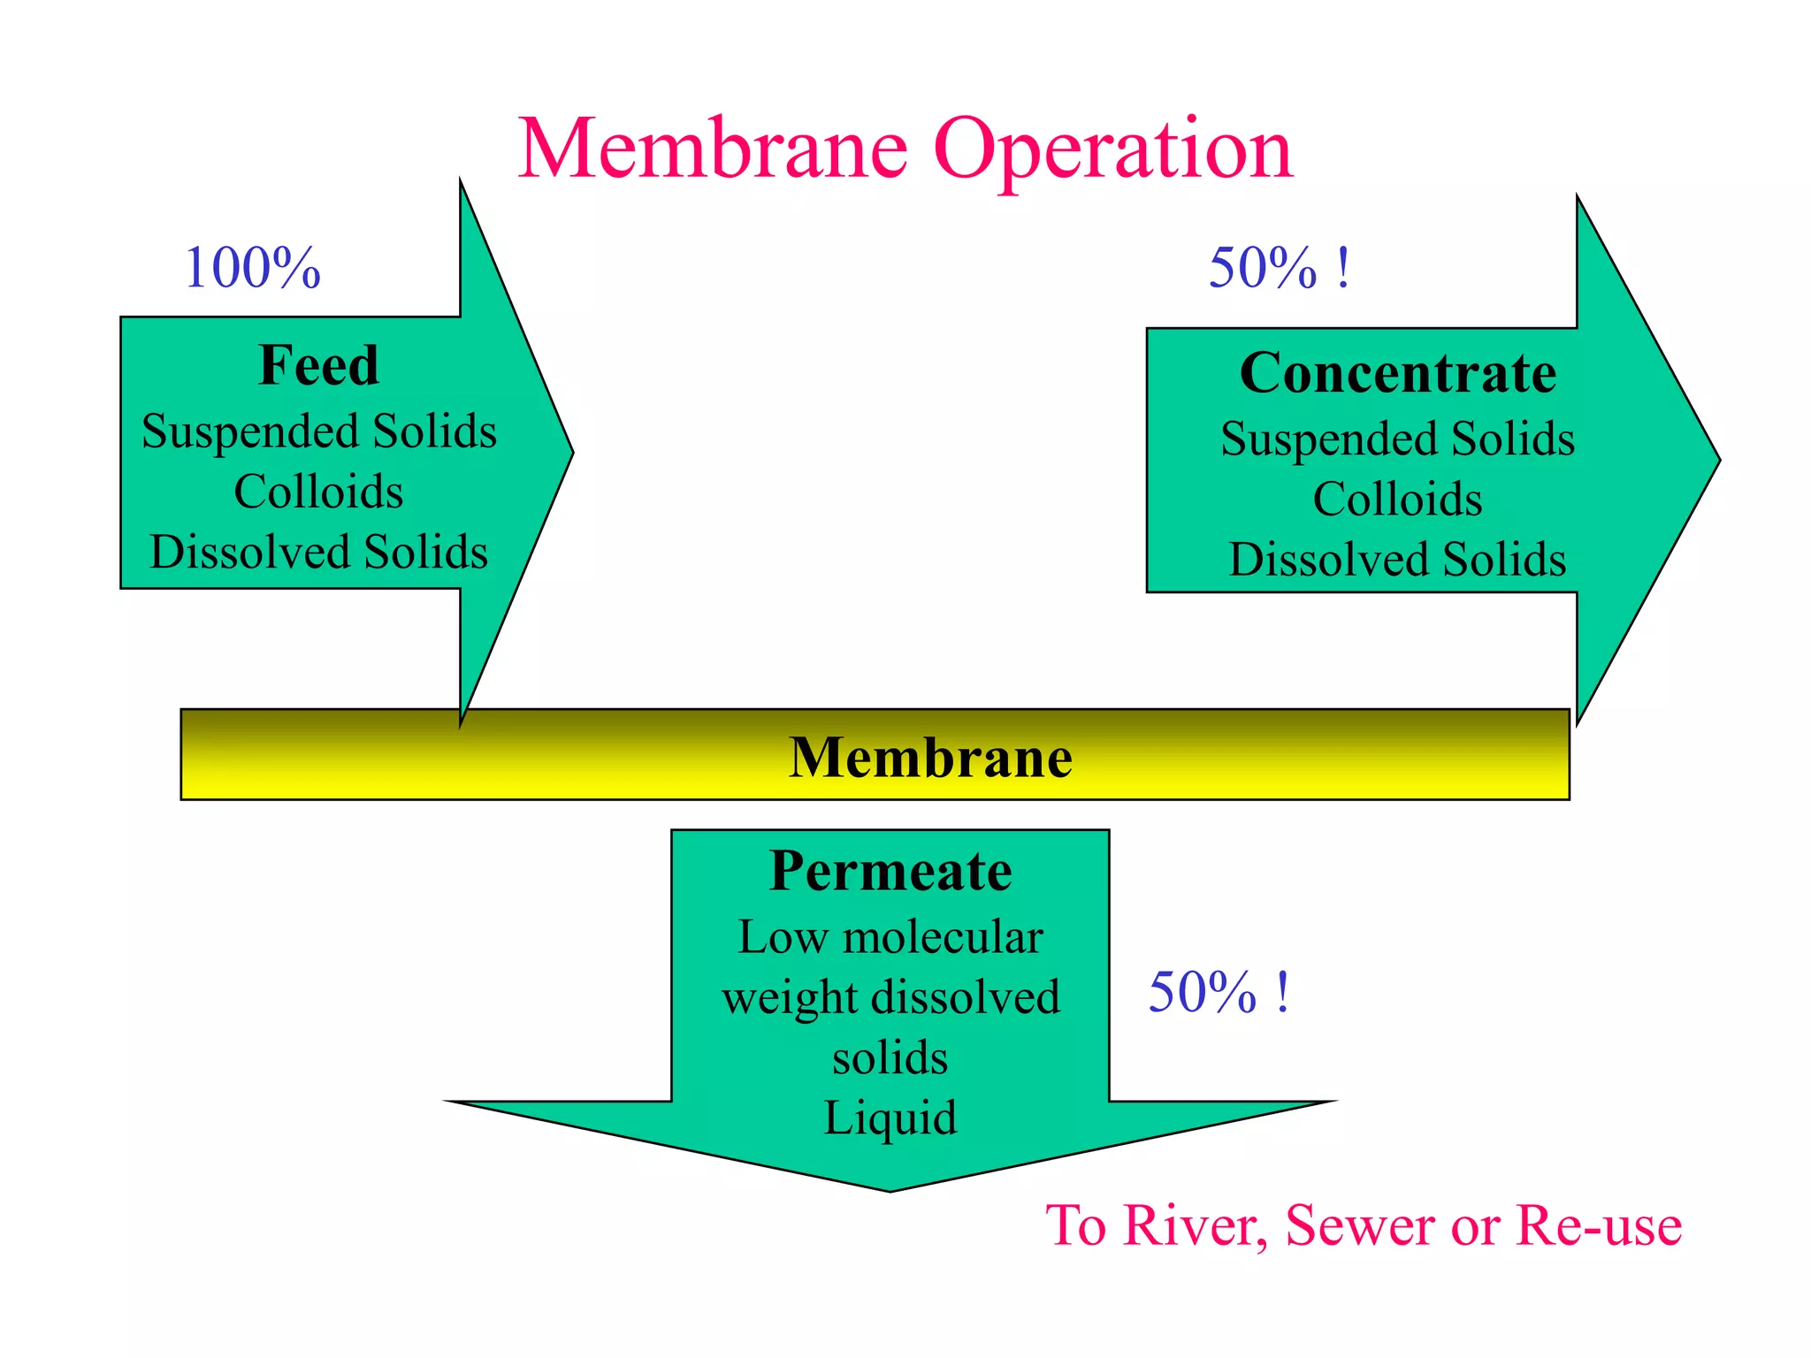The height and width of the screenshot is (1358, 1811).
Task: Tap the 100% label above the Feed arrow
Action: point(252,268)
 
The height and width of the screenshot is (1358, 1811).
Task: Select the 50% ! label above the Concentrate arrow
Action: point(1279,268)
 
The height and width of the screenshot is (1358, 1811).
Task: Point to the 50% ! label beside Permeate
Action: point(1219,992)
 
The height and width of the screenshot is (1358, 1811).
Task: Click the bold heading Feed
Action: point(318,365)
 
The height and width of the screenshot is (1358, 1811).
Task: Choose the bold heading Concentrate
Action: point(1397,372)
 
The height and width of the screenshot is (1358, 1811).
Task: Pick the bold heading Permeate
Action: point(890,871)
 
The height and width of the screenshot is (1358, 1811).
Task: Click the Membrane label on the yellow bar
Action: point(930,758)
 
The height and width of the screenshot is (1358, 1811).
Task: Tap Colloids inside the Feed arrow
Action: point(318,492)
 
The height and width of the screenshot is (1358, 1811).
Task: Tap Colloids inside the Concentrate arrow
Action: point(1397,500)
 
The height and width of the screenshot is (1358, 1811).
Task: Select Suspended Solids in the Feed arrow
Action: point(318,431)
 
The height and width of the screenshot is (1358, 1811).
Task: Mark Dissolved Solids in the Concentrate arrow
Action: point(1397,560)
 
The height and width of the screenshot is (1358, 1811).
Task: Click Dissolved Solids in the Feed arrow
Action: point(318,552)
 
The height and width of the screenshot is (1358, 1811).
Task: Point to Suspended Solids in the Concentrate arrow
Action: point(1397,439)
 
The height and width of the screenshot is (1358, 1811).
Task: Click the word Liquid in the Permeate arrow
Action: point(890,1118)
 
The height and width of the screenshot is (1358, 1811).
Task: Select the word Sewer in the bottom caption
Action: point(1360,1225)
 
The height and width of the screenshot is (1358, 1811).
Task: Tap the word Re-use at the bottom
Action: point(1599,1225)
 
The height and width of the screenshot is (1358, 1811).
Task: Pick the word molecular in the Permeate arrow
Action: point(943,937)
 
